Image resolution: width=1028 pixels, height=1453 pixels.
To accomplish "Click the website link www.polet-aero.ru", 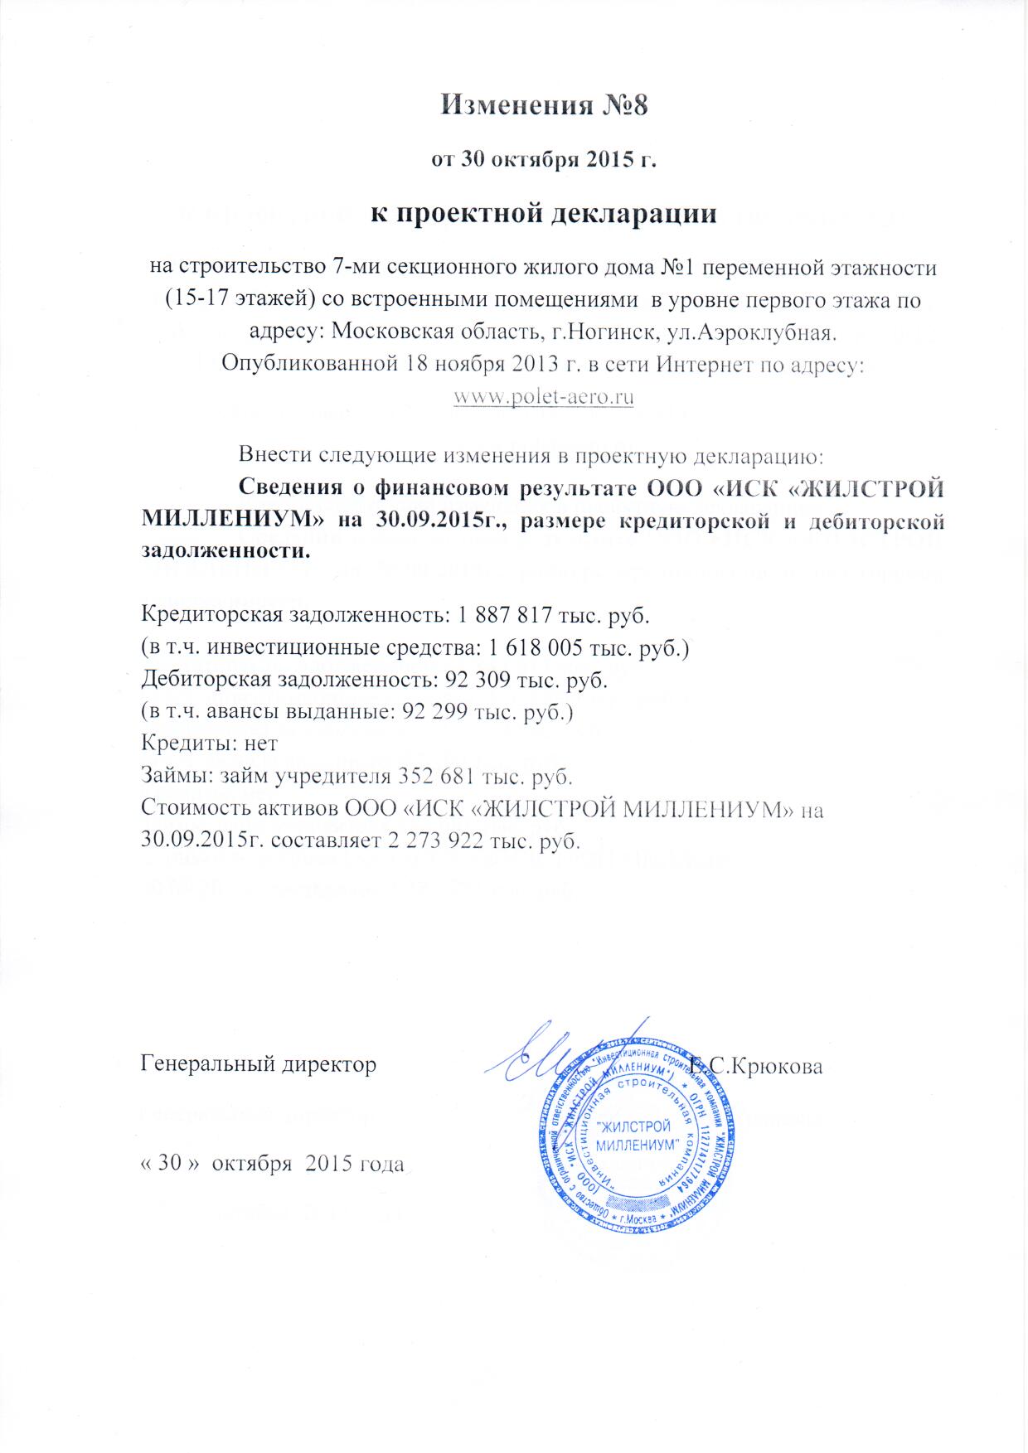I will click(x=544, y=396).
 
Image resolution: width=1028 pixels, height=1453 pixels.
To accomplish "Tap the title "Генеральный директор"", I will click(x=259, y=1063).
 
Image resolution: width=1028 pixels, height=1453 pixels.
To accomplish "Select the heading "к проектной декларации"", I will click(x=543, y=214).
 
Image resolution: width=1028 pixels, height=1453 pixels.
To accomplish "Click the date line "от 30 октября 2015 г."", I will click(x=543, y=159).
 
